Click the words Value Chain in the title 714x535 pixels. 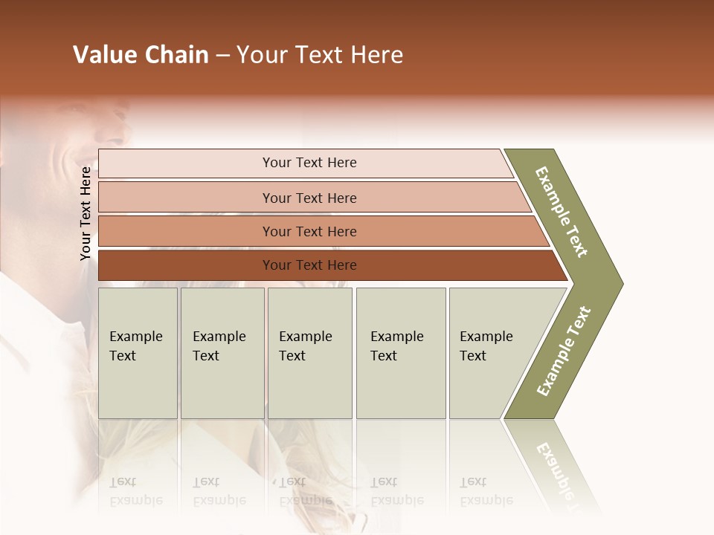pos(141,55)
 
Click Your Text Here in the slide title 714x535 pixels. pos(320,55)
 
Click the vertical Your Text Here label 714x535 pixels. pos(86,214)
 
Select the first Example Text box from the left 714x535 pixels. pos(138,353)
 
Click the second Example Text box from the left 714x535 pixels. pos(222,353)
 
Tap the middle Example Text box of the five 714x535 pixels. pos(309,353)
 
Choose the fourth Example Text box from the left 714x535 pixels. pos(400,353)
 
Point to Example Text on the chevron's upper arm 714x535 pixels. pos(562,212)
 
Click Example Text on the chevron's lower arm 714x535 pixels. pos(564,351)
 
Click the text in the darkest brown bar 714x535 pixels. pos(309,265)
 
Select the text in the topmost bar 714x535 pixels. pos(309,163)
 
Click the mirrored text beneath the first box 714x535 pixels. pos(135,492)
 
